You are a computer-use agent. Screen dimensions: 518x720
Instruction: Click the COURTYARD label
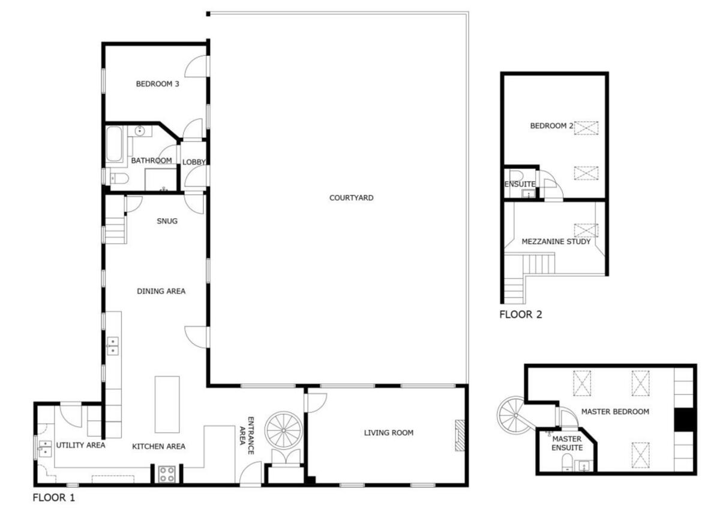pyautogui.click(x=351, y=198)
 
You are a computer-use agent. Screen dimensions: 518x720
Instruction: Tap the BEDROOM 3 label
pyautogui.click(x=157, y=84)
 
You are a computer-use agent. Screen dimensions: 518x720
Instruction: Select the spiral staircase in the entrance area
pyautogui.click(x=284, y=429)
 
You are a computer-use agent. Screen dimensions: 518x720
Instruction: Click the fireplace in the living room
pyautogui.click(x=460, y=434)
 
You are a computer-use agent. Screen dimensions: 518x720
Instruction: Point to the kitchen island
pyautogui.click(x=167, y=403)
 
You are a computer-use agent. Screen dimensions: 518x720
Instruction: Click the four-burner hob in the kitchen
pyautogui.click(x=166, y=474)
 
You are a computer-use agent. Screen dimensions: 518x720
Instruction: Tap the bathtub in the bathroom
pyautogui.click(x=114, y=144)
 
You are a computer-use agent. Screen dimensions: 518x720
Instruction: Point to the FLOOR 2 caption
pyautogui.click(x=520, y=314)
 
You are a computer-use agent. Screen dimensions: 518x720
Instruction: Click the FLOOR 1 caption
pyautogui.click(x=54, y=497)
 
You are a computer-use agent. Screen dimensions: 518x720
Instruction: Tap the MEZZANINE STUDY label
pyautogui.click(x=556, y=242)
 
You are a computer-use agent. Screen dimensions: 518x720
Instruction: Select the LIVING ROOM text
pyautogui.click(x=389, y=433)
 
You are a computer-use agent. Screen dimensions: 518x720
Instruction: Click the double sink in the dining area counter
pyautogui.click(x=112, y=345)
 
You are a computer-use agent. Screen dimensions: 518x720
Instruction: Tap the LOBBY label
pyautogui.click(x=194, y=161)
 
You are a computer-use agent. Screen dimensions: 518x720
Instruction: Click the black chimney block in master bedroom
pyautogui.click(x=683, y=420)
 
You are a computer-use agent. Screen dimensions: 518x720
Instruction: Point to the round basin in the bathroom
pyautogui.click(x=140, y=130)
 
